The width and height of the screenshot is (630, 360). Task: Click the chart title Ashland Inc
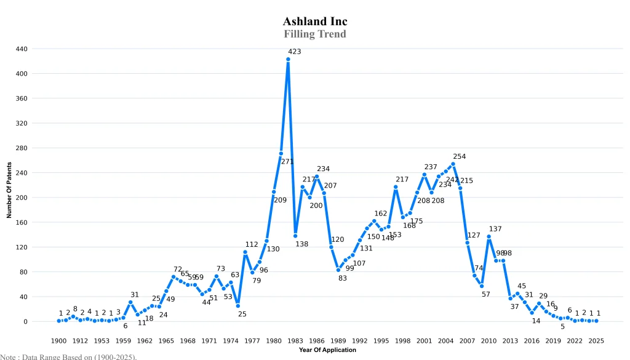click(315, 22)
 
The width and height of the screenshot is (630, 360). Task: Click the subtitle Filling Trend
click(315, 34)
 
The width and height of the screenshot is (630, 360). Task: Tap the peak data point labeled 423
click(288, 59)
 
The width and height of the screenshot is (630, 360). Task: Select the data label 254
click(460, 156)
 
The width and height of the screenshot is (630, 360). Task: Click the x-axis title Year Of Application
click(327, 350)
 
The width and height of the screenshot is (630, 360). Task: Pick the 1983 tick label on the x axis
click(295, 340)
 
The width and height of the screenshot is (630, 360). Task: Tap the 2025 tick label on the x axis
click(596, 340)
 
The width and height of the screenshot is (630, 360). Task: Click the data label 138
click(301, 244)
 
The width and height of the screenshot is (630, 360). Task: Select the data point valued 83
click(338, 270)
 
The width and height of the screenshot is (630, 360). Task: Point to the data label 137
click(495, 229)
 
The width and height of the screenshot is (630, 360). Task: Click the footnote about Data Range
click(68, 356)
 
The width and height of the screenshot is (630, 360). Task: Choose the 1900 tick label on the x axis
click(59, 340)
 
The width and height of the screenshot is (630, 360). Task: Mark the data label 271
click(287, 162)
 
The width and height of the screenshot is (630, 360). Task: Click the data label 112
click(252, 244)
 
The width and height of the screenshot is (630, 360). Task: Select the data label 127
click(474, 236)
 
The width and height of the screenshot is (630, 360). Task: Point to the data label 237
click(431, 167)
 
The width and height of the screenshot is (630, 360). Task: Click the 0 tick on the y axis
click(42, 322)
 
